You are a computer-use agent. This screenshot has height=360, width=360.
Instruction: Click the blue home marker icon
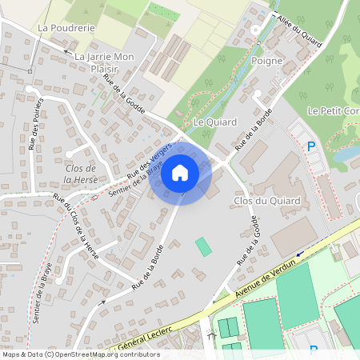click(x=180, y=172)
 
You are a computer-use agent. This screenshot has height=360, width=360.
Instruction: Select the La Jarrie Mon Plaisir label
click(x=103, y=63)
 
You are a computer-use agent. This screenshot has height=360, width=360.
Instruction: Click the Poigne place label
click(x=267, y=60)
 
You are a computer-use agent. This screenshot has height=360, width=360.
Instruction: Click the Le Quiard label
click(x=211, y=122)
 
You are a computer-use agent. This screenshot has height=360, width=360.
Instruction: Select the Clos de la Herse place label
click(x=79, y=174)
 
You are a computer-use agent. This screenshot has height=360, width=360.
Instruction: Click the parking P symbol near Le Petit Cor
click(x=311, y=146)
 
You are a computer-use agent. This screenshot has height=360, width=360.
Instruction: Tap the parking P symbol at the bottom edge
click(x=313, y=350)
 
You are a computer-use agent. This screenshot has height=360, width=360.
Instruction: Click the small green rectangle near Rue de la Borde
click(x=204, y=246)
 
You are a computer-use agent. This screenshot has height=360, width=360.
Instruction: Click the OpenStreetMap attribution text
click(x=81, y=354)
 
